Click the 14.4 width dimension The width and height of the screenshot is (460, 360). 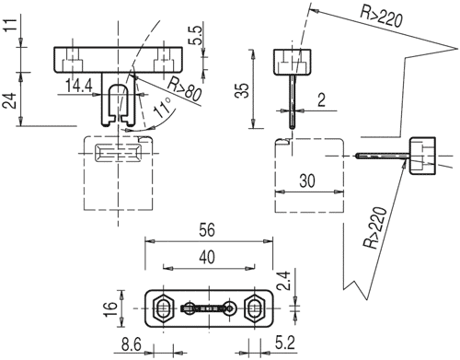pos(79,86)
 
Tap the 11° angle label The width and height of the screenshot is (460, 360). pos(162,108)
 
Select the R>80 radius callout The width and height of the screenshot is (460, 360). pos(185,89)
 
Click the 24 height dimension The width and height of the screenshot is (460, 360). pos(10,100)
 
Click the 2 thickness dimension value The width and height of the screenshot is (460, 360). pos(321,99)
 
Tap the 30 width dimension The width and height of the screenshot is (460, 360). pos(307,180)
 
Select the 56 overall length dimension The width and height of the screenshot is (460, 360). pos(207,230)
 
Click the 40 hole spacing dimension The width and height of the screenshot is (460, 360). pos(207,257)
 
